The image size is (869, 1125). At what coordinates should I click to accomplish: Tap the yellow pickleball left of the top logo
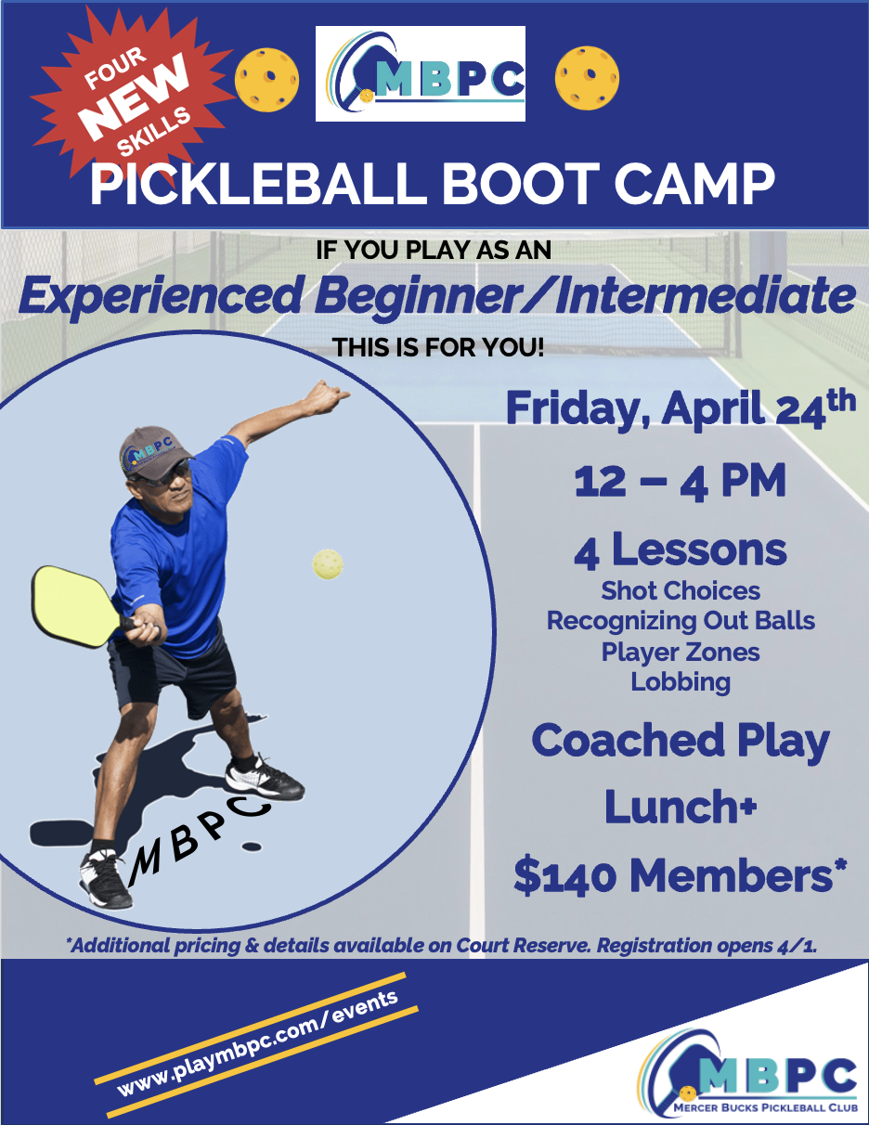pyautogui.click(x=266, y=80)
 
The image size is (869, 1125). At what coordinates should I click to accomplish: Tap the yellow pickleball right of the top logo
pyautogui.click(x=587, y=78)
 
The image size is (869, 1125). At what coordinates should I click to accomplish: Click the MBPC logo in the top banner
pyautogui.click(x=421, y=73)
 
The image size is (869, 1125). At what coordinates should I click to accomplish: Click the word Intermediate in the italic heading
pyautogui.click(x=705, y=295)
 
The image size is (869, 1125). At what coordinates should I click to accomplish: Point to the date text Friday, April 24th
pyautogui.click(x=681, y=409)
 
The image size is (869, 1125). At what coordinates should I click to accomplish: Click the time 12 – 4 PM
pyautogui.click(x=681, y=482)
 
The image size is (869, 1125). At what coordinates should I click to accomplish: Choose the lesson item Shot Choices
pyautogui.click(x=681, y=590)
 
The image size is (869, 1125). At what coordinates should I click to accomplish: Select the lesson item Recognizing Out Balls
pyautogui.click(x=681, y=621)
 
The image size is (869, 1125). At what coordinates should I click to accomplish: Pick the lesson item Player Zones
pyautogui.click(x=681, y=652)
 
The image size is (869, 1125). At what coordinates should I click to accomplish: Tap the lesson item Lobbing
pyautogui.click(x=681, y=682)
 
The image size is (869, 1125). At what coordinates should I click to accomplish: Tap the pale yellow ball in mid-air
pyautogui.click(x=328, y=564)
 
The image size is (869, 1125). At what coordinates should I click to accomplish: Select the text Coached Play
pyautogui.click(x=681, y=742)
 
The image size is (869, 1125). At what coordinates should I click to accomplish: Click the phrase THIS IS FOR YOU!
pyautogui.click(x=438, y=347)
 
